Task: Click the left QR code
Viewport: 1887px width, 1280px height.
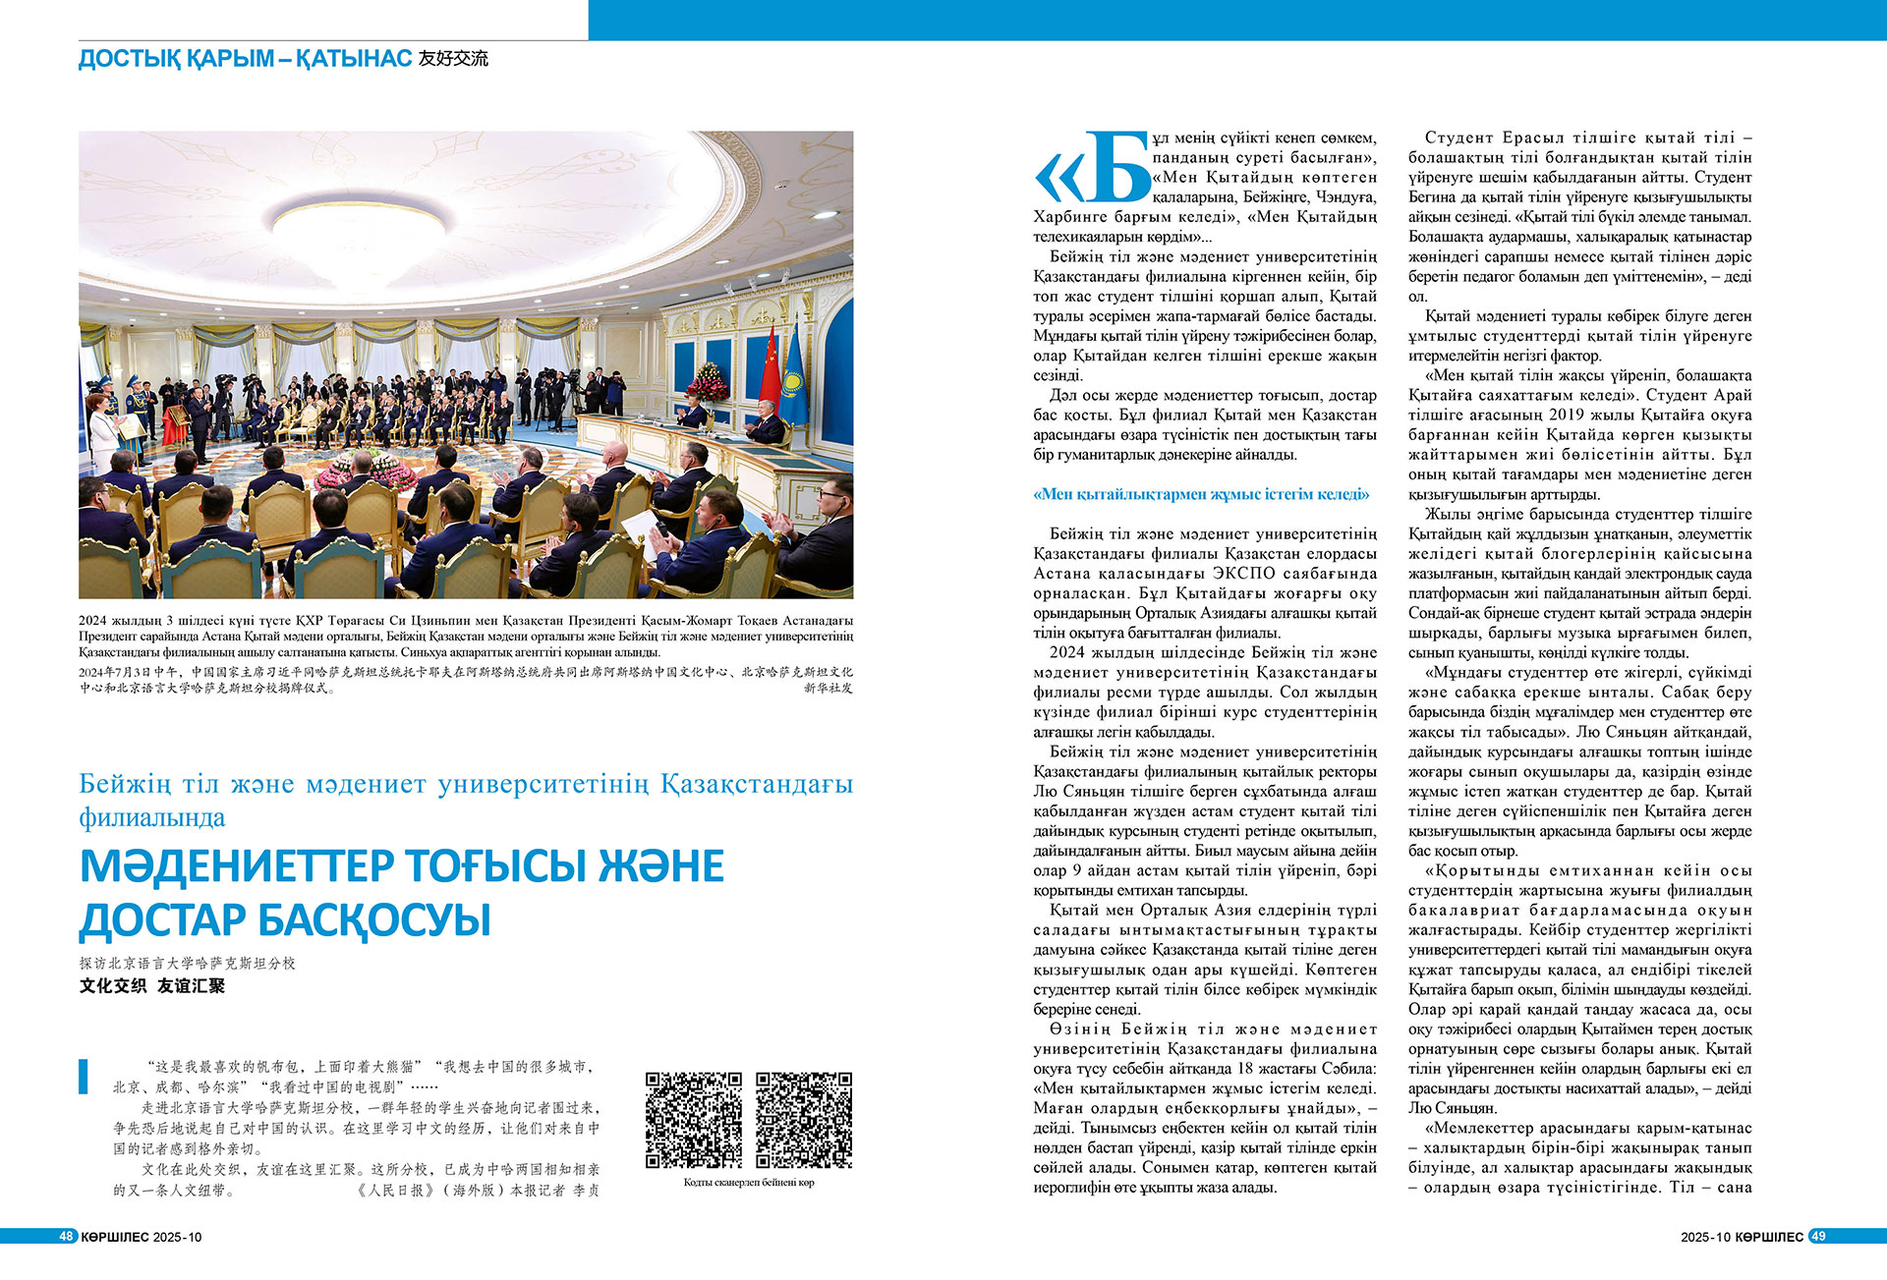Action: coord(693,1120)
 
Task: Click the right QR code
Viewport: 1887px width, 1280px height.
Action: coord(803,1120)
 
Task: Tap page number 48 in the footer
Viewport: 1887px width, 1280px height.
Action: coord(67,1236)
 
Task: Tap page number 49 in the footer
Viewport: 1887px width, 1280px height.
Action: coord(1817,1236)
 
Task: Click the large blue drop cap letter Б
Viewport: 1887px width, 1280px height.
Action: coord(1116,169)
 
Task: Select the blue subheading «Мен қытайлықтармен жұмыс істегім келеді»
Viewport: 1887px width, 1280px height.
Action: coord(1200,494)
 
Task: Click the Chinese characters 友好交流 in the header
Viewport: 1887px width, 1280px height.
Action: coord(453,59)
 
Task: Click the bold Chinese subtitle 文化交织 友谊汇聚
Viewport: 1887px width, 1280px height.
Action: coord(152,985)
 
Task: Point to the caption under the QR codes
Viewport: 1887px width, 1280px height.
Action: coord(748,1183)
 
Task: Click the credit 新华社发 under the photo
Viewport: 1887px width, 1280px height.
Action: coord(828,688)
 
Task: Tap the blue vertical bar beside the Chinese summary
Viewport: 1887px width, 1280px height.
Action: coord(85,1076)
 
